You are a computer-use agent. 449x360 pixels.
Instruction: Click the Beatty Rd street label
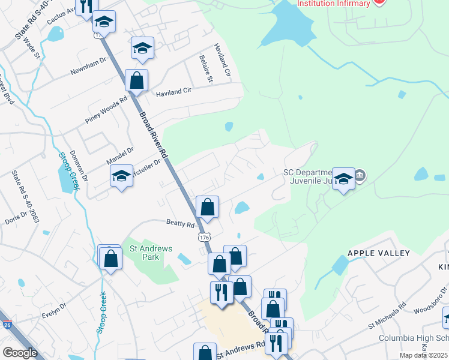[x=181, y=224]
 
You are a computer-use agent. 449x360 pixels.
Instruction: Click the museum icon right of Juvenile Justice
[x=360, y=176]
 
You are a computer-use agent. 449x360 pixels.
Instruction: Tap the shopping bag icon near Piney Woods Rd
[x=137, y=81]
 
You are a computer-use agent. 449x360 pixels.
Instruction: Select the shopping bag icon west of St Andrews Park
[x=110, y=258]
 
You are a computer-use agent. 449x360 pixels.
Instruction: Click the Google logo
[x=20, y=353]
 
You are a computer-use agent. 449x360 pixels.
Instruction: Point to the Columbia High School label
[x=413, y=338]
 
